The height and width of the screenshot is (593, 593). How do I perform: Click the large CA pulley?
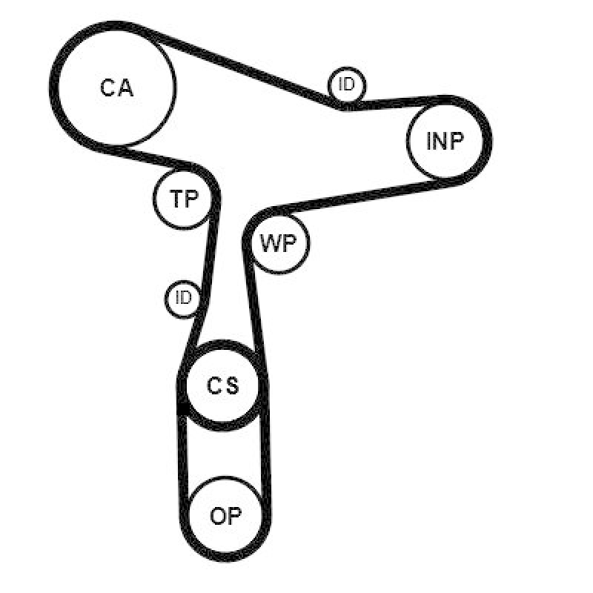117,87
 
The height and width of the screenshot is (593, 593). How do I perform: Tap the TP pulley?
186,198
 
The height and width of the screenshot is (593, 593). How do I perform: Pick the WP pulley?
279,244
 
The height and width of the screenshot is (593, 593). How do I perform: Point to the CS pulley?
222,385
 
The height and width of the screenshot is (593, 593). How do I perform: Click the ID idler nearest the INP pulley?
347,85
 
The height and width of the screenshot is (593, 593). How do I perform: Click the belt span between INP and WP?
348,194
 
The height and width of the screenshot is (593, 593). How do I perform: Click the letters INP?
445,142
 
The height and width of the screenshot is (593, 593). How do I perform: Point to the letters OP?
226,516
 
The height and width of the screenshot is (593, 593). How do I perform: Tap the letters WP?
279,245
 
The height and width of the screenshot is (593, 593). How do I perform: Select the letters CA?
116,88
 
